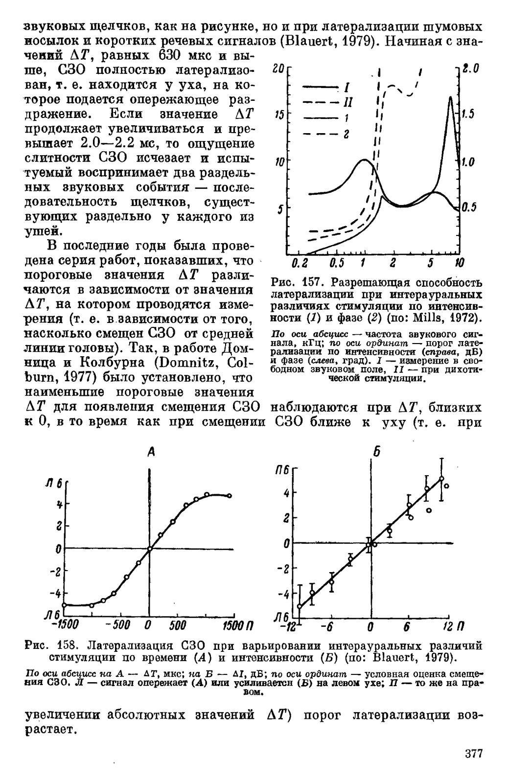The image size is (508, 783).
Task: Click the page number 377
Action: (473, 753)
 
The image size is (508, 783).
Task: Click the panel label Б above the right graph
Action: (376, 452)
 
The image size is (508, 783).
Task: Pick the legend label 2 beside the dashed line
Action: (346, 135)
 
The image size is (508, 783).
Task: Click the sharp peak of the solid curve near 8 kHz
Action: (450, 97)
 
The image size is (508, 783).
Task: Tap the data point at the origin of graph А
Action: (150, 549)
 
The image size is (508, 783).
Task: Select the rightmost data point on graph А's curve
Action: (230, 496)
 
